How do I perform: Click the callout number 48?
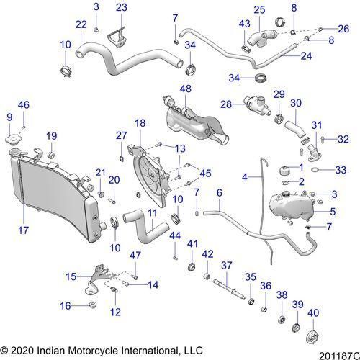(186, 89)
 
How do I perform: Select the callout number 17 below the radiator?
(23, 230)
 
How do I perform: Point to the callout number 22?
(81, 24)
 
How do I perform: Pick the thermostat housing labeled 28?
(257, 104)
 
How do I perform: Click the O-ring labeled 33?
(315, 170)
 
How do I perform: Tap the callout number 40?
(313, 313)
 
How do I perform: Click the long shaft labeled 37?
(229, 289)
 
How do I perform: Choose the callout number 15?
(71, 277)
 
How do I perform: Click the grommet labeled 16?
(93, 305)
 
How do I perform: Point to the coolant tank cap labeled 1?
(285, 171)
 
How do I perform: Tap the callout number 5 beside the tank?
(333, 212)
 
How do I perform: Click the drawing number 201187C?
(339, 355)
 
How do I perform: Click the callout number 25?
(259, 10)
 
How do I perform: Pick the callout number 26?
(343, 29)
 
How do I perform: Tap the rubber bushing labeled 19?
(51, 156)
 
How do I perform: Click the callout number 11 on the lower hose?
(153, 213)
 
